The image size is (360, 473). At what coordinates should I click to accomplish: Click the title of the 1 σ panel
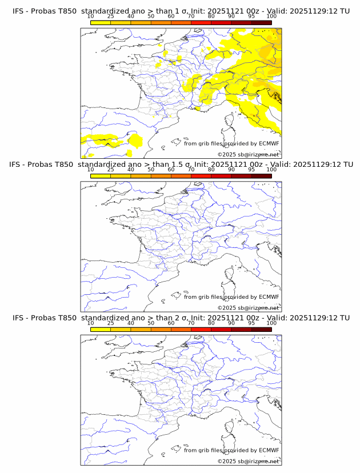coord(181,11)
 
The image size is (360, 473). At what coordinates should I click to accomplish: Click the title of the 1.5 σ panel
coord(181,165)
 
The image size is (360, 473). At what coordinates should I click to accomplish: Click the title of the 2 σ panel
coord(181,318)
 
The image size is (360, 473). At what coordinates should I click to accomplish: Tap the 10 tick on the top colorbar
coord(91,16)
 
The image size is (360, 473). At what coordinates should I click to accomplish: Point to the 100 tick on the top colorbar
coord(271,16)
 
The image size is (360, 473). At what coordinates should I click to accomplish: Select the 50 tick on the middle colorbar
coord(151,169)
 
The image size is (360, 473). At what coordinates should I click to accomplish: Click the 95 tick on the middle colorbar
coord(251,169)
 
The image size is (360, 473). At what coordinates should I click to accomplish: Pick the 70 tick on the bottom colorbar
coord(191,322)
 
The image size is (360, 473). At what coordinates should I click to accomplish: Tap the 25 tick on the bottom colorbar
coord(111,322)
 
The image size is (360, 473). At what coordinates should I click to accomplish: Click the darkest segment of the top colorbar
coord(261,22)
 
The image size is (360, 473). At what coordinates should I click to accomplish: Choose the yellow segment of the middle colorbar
coord(101,176)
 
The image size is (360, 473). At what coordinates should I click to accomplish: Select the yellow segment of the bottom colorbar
coord(101,330)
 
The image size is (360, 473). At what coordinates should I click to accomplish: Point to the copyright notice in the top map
coord(249,155)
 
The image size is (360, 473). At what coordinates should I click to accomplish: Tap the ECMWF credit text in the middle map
coord(231,297)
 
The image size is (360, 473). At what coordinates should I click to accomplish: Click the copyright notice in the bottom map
coord(249,461)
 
